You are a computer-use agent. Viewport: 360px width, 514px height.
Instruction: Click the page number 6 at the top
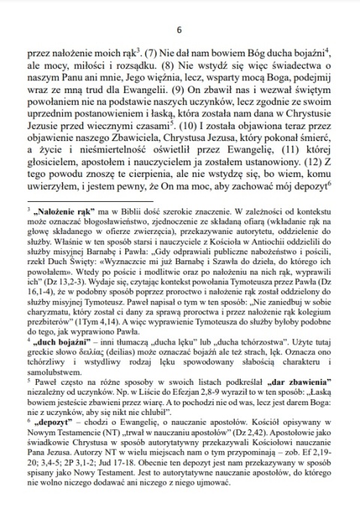point(179,30)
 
